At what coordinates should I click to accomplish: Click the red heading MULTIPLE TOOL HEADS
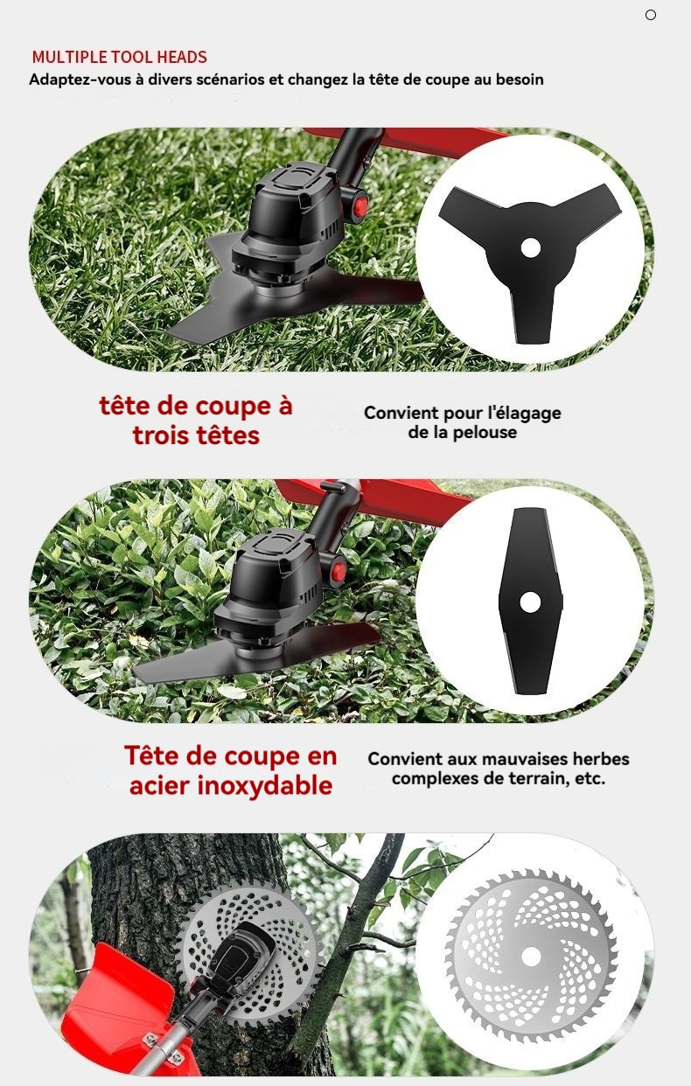[x=119, y=57]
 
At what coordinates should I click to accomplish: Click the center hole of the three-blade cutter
[x=530, y=247]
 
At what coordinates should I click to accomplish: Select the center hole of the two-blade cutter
[x=530, y=602]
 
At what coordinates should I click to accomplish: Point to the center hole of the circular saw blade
[x=530, y=957]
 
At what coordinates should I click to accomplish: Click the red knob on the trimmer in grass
[x=359, y=206]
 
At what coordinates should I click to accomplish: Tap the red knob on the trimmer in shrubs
[x=339, y=570]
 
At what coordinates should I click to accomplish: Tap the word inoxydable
[x=265, y=786]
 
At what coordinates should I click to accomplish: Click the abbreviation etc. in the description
[x=590, y=778]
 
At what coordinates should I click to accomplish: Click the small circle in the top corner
[x=651, y=15]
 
